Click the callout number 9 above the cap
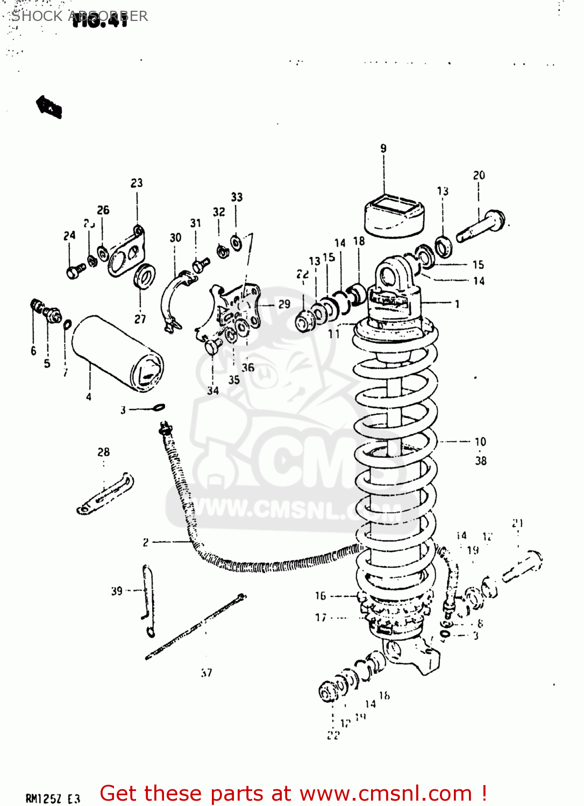coord(383,148)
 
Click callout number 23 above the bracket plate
coord(137,183)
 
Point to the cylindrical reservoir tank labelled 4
coord(117,351)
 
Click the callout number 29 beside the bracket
coord(284,304)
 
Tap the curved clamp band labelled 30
coord(171,301)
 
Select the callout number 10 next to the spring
coord(480,442)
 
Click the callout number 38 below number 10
coord(481,461)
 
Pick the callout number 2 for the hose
coord(146,543)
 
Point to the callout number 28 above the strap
coord(104,452)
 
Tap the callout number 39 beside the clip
coord(117,591)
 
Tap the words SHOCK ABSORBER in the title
coord(80,16)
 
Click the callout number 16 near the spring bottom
coord(321,595)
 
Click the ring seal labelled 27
coord(144,276)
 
